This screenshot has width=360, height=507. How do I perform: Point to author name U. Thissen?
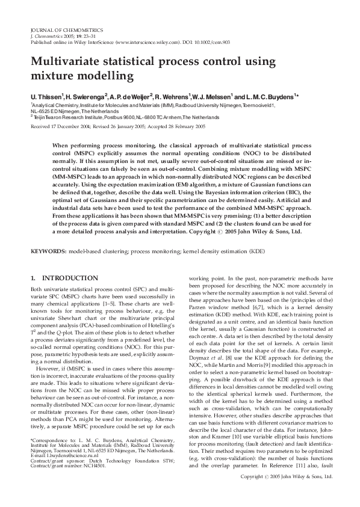[x=47, y=96]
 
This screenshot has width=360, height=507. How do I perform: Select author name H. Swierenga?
[x=85, y=96]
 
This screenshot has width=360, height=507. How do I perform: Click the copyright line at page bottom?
[x=286, y=493]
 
